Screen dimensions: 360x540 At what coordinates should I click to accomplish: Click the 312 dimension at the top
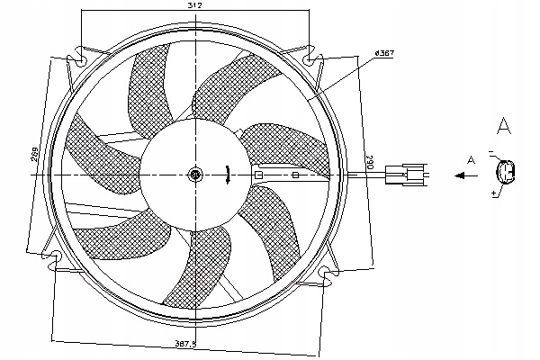(193, 6)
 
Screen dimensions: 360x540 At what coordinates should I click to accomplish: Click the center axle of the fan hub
(195, 175)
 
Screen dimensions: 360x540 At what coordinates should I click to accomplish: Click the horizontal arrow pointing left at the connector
(465, 176)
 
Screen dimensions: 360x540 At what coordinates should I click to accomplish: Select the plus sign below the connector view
(494, 194)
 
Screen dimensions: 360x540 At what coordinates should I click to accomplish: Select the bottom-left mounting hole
(57, 260)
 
